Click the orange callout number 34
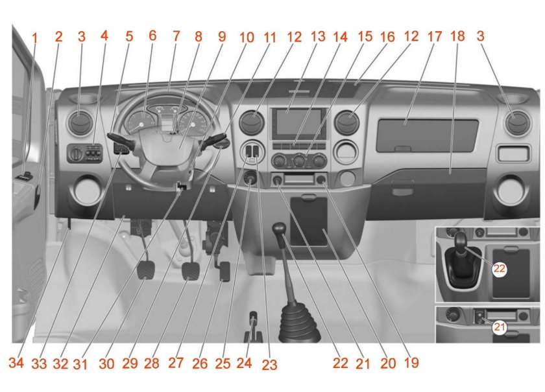pyautogui.click(x=16, y=363)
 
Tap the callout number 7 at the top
pyautogui.click(x=176, y=36)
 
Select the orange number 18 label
pyautogui.click(x=457, y=36)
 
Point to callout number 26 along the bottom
pyautogui.click(x=200, y=363)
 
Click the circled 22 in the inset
pyautogui.click(x=500, y=269)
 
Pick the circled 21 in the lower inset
pyautogui.click(x=500, y=327)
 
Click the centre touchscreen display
pyautogui.click(x=298, y=122)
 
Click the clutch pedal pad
pyautogui.click(x=146, y=270)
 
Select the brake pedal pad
pyautogui.click(x=191, y=271)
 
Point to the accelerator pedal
pyautogui.click(x=225, y=271)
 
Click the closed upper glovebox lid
pyautogui.click(x=428, y=135)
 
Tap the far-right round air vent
pyautogui.click(x=518, y=123)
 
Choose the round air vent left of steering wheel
pyautogui.click(x=81, y=123)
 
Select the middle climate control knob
pyautogui.click(x=299, y=161)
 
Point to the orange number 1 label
pyautogui.click(x=34, y=38)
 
